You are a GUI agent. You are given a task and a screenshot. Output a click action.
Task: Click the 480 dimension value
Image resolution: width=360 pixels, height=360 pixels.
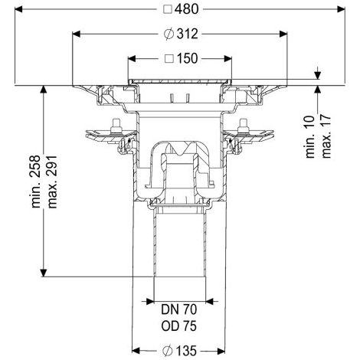click(x=187, y=9)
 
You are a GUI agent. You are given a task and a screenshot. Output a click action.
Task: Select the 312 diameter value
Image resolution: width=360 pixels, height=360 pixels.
click(x=188, y=34)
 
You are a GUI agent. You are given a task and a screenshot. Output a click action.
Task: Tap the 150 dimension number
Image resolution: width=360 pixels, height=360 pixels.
click(x=187, y=58)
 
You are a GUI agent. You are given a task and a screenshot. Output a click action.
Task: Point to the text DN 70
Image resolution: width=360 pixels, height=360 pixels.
click(x=179, y=309)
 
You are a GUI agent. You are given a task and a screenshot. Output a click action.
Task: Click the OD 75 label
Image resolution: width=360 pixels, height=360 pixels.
click(x=179, y=326)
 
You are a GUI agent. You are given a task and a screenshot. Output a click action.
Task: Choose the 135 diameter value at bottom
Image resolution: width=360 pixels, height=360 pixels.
click(x=186, y=351)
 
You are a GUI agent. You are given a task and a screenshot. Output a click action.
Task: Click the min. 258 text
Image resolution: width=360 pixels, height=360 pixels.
click(x=36, y=182)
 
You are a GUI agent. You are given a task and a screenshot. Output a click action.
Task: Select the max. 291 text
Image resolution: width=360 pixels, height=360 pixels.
click(x=52, y=182)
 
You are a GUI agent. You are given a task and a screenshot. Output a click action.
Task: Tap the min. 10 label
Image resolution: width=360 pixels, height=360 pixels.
click(x=310, y=137)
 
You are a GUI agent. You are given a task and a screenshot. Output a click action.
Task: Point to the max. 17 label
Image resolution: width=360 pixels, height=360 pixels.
click(x=326, y=137)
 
